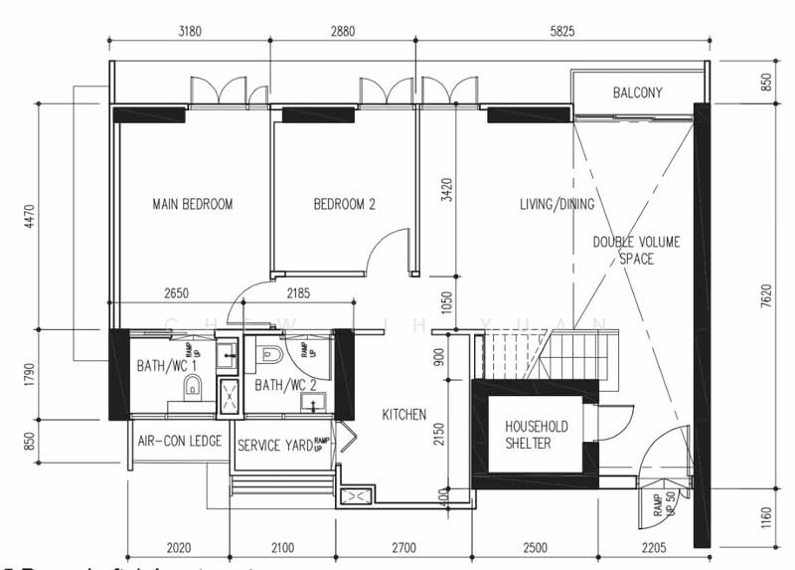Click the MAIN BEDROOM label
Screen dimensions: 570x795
tap(193, 205)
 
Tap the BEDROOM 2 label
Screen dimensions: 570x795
tap(344, 205)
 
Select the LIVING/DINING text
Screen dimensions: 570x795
tap(556, 205)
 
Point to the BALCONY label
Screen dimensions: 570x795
tap(637, 94)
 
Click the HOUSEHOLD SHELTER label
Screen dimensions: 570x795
tap(536, 435)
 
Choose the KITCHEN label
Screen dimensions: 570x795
tap(404, 414)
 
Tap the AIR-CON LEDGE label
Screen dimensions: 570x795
tap(179, 441)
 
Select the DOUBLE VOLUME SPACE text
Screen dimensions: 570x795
tap(637, 251)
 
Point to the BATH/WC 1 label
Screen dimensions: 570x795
tap(166, 367)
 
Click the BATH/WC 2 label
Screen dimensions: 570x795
tap(284, 384)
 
